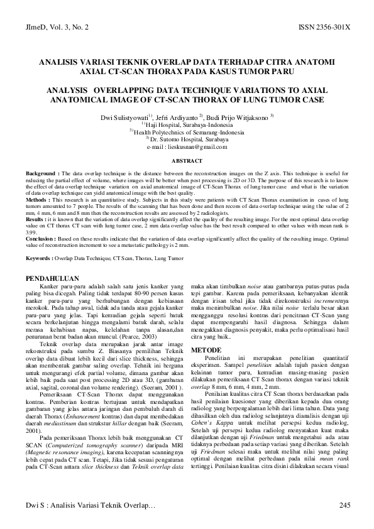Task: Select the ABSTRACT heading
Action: coord(187,161)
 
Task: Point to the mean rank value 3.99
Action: coord(31,232)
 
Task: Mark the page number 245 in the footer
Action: coord(344,505)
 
